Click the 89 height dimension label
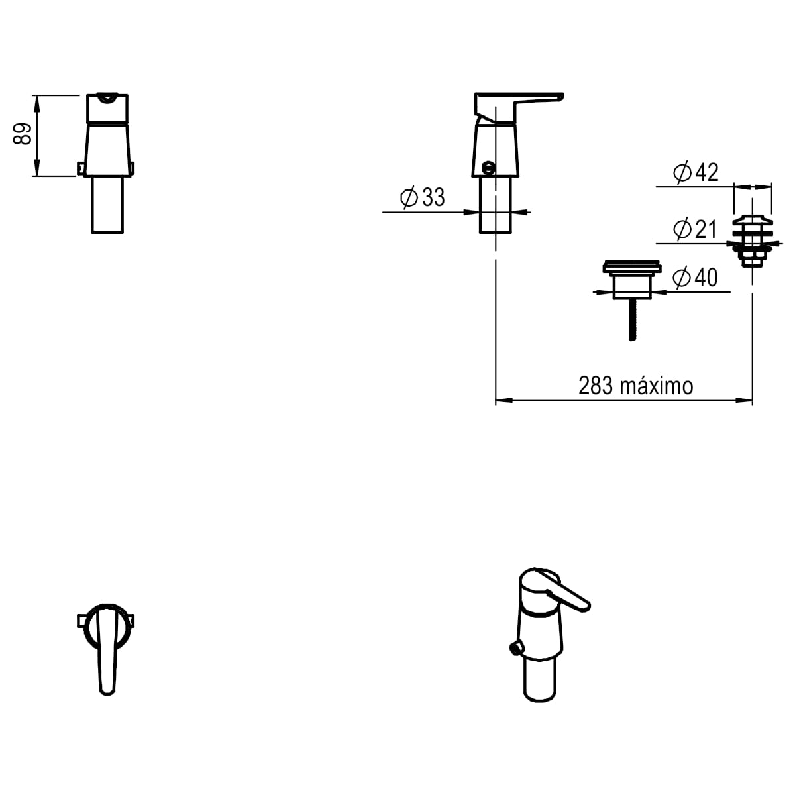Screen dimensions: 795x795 pos(23,134)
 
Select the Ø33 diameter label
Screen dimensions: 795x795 pos(423,197)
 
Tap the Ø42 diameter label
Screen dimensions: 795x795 pos(696,172)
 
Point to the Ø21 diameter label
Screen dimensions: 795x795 pos(696,229)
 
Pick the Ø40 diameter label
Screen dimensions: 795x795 pos(695,277)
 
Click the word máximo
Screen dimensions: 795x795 pos(657,386)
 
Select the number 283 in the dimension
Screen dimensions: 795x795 pos(595,386)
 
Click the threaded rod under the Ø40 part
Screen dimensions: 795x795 pos(632,319)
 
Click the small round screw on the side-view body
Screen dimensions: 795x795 pos(489,168)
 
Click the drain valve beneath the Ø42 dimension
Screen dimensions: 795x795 pos(752,240)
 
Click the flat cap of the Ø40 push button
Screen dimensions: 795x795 pos(631,268)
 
